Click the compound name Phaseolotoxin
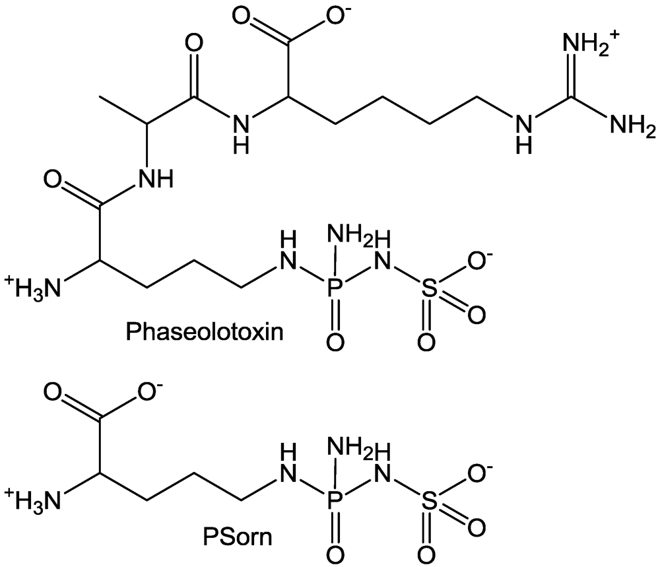[x=205, y=331]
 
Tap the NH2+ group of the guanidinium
[x=591, y=46]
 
